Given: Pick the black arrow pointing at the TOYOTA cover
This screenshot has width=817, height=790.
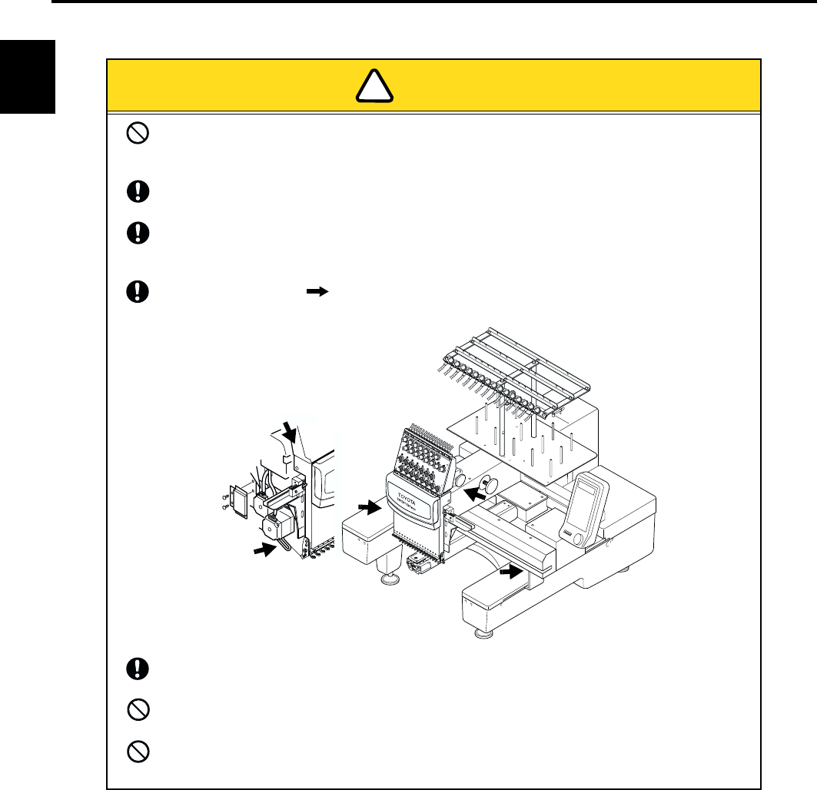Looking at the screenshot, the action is pos(370,507).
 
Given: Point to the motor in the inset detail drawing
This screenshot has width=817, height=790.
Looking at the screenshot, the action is pos(275,528).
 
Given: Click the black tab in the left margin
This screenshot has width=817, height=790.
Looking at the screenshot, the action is pos(28,76).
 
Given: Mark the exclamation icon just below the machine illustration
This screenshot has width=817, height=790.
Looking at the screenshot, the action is pos(139,668).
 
